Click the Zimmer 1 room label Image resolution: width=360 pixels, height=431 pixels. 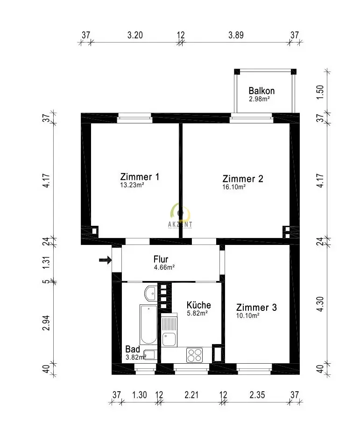click(140, 177)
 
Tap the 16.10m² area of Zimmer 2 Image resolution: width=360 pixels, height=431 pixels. click(234, 187)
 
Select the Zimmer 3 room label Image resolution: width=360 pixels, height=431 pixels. click(256, 307)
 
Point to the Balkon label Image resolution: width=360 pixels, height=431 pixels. click(261, 91)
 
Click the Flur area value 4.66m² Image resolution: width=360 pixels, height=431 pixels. click(164, 267)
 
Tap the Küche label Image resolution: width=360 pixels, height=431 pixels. click(198, 305)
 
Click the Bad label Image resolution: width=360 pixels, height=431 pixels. click(133, 349)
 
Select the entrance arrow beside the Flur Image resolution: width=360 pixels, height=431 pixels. click(105, 260)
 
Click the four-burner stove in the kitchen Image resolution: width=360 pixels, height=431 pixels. click(194, 355)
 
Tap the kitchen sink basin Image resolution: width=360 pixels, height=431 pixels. click(169, 339)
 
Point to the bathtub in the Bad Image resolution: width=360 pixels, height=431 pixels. click(148, 324)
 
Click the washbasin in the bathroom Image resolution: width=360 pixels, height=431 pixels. click(151, 293)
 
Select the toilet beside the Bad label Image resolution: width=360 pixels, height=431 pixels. click(150, 355)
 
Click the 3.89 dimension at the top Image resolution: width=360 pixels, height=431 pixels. click(236, 35)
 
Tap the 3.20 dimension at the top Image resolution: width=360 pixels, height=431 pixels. click(135, 35)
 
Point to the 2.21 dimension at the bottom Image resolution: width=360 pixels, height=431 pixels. click(191, 395)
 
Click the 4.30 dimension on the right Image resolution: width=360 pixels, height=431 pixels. click(320, 304)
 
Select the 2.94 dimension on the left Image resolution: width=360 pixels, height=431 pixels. click(46, 323)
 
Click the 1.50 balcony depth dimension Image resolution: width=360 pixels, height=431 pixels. click(320, 93)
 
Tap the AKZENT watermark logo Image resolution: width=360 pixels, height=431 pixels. click(180, 216)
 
